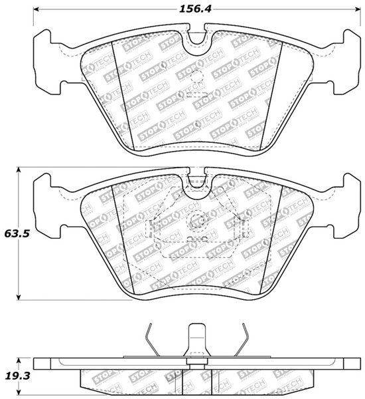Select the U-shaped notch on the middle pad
(x=196, y=182)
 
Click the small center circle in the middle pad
(x=196, y=223)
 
